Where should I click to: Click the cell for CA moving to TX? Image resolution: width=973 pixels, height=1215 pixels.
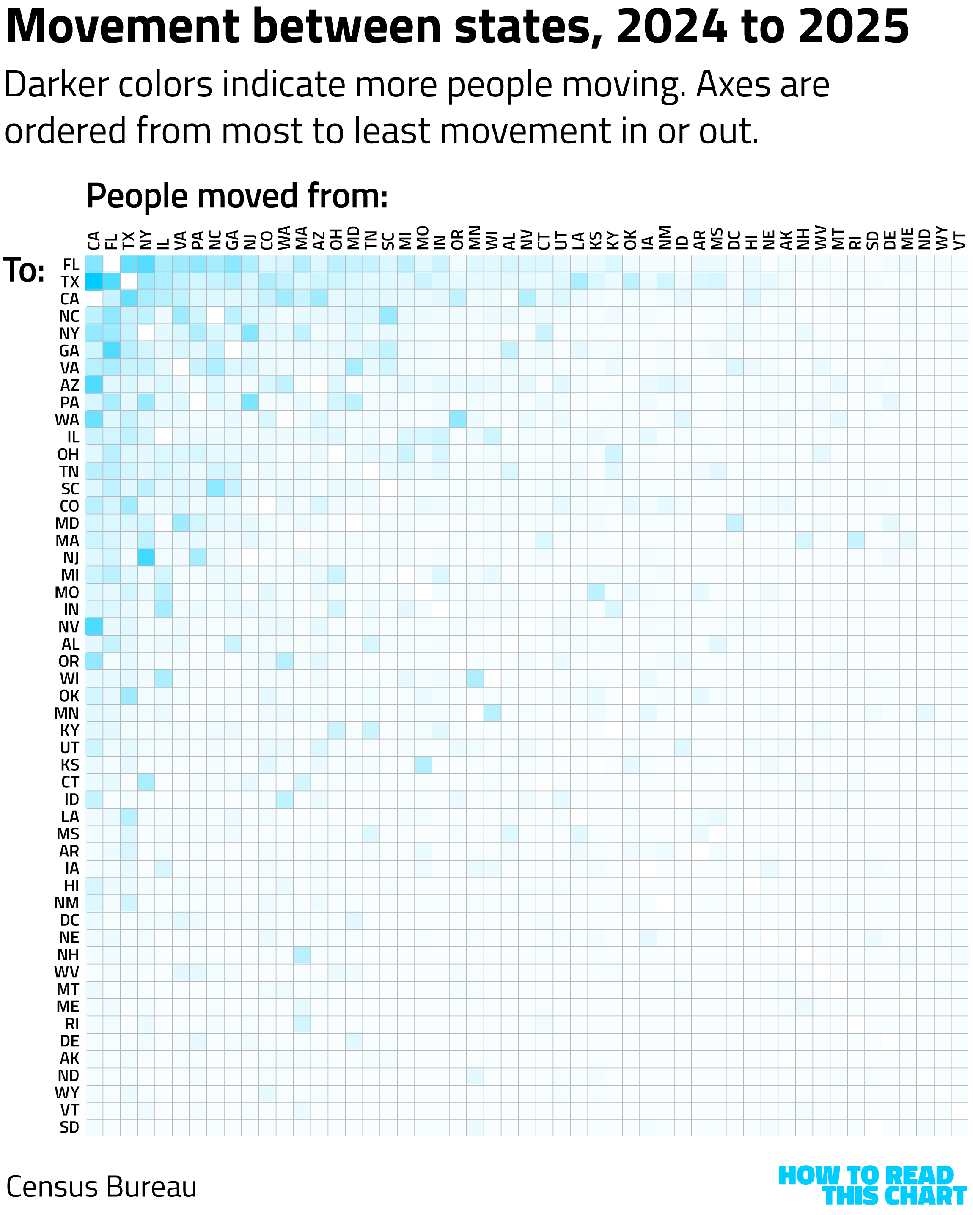tap(94, 281)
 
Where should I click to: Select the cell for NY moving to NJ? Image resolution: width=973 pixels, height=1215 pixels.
tap(146, 557)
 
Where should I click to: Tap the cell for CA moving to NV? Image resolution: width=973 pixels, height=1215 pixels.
tap(94, 627)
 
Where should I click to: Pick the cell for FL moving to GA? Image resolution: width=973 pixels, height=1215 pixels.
tap(112, 350)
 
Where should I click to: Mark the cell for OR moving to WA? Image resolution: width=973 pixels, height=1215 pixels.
tap(458, 419)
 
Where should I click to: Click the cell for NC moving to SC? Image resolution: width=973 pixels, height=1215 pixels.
tap(215, 488)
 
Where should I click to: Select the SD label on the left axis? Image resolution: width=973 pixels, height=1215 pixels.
tap(69, 1127)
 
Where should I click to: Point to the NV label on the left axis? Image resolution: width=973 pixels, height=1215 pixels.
tap(69, 627)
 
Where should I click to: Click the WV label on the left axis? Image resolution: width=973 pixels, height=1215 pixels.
tap(67, 972)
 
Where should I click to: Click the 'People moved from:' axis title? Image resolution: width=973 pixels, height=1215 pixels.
tap(237, 196)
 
